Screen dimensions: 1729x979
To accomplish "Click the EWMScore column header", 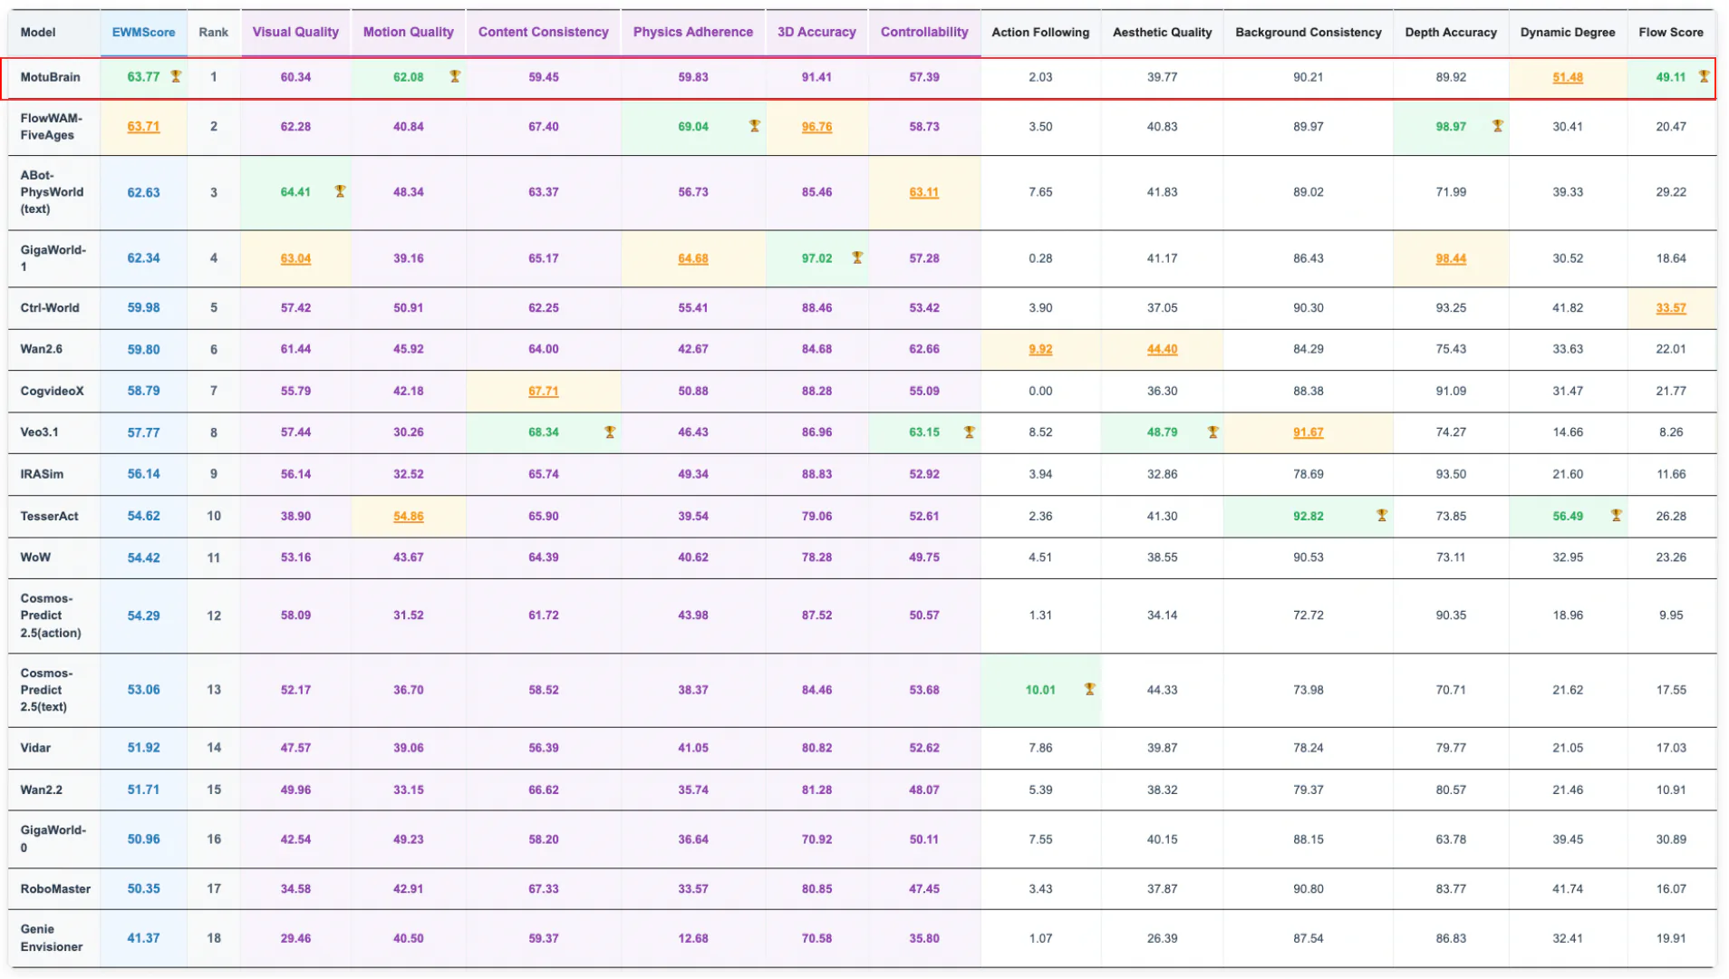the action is pyautogui.click(x=143, y=32).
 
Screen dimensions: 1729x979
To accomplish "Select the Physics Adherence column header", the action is pyautogui.click(x=692, y=32).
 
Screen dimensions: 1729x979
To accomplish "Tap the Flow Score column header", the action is pyautogui.click(x=1670, y=32).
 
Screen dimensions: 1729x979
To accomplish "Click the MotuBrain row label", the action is pyautogui.click(x=50, y=77).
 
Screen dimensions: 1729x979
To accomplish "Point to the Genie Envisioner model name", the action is pyautogui.click(x=52, y=937).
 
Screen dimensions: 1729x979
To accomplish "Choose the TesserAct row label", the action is pyautogui.click(x=49, y=516).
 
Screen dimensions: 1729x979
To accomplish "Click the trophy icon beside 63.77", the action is pyautogui.click(x=176, y=76).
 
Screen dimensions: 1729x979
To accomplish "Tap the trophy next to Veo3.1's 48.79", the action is pyautogui.click(x=1212, y=431).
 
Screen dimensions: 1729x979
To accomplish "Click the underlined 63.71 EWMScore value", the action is pyautogui.click(x=143, y=126).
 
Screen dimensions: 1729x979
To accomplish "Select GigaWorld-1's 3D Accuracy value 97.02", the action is pyautogui.click(x=816, y=258).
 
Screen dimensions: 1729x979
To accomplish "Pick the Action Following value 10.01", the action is pyautogui.click(x=1040, y=690).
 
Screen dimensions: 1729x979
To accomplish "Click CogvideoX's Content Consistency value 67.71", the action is pyautogui.click(x=543, y=391).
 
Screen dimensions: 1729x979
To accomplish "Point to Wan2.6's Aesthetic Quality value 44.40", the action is pyautogui.click(x=1162, y=349).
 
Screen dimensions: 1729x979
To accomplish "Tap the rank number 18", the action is pyautogui.click(x=214, y=938).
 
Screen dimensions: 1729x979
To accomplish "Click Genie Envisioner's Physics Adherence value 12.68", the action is pyautogui.click(x=692, y=938).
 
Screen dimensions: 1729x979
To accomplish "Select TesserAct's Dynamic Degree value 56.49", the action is pyautogui.click(x=1567, y=516).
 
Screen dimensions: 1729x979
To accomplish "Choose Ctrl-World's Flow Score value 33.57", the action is pyautogui.click(x=1670, y=307).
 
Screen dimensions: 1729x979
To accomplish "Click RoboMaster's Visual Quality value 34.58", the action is pyautogui.click(x=295, y=888).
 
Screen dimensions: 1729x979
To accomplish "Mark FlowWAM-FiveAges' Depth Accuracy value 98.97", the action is pyautogui.click(x=1450, y=126).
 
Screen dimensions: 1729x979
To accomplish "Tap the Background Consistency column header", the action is pyautogui.click(x=1308, y=32).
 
